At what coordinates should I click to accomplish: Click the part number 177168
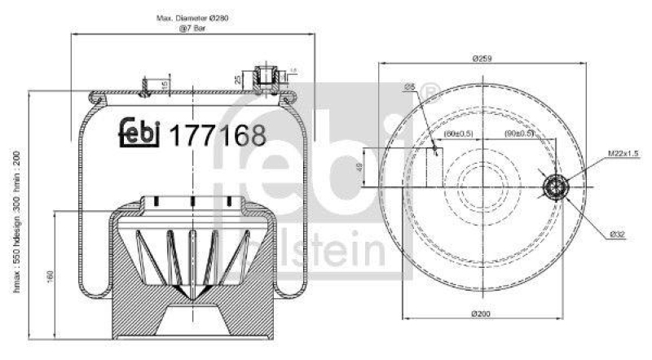tap(216, 134)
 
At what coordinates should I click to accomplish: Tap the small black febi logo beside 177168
tap(139, 134)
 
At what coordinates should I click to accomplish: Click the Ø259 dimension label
tap(484, 59)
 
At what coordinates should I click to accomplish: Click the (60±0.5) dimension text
tap(460, 134)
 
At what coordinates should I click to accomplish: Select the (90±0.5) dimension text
tap(518, 134)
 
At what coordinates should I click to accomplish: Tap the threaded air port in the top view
tap(555, 189)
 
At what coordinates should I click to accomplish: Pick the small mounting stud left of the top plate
tap(143, 88)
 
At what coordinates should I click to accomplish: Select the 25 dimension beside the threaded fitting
tap(236, 79)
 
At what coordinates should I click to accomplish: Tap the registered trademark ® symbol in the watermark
tap(433, 89)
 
